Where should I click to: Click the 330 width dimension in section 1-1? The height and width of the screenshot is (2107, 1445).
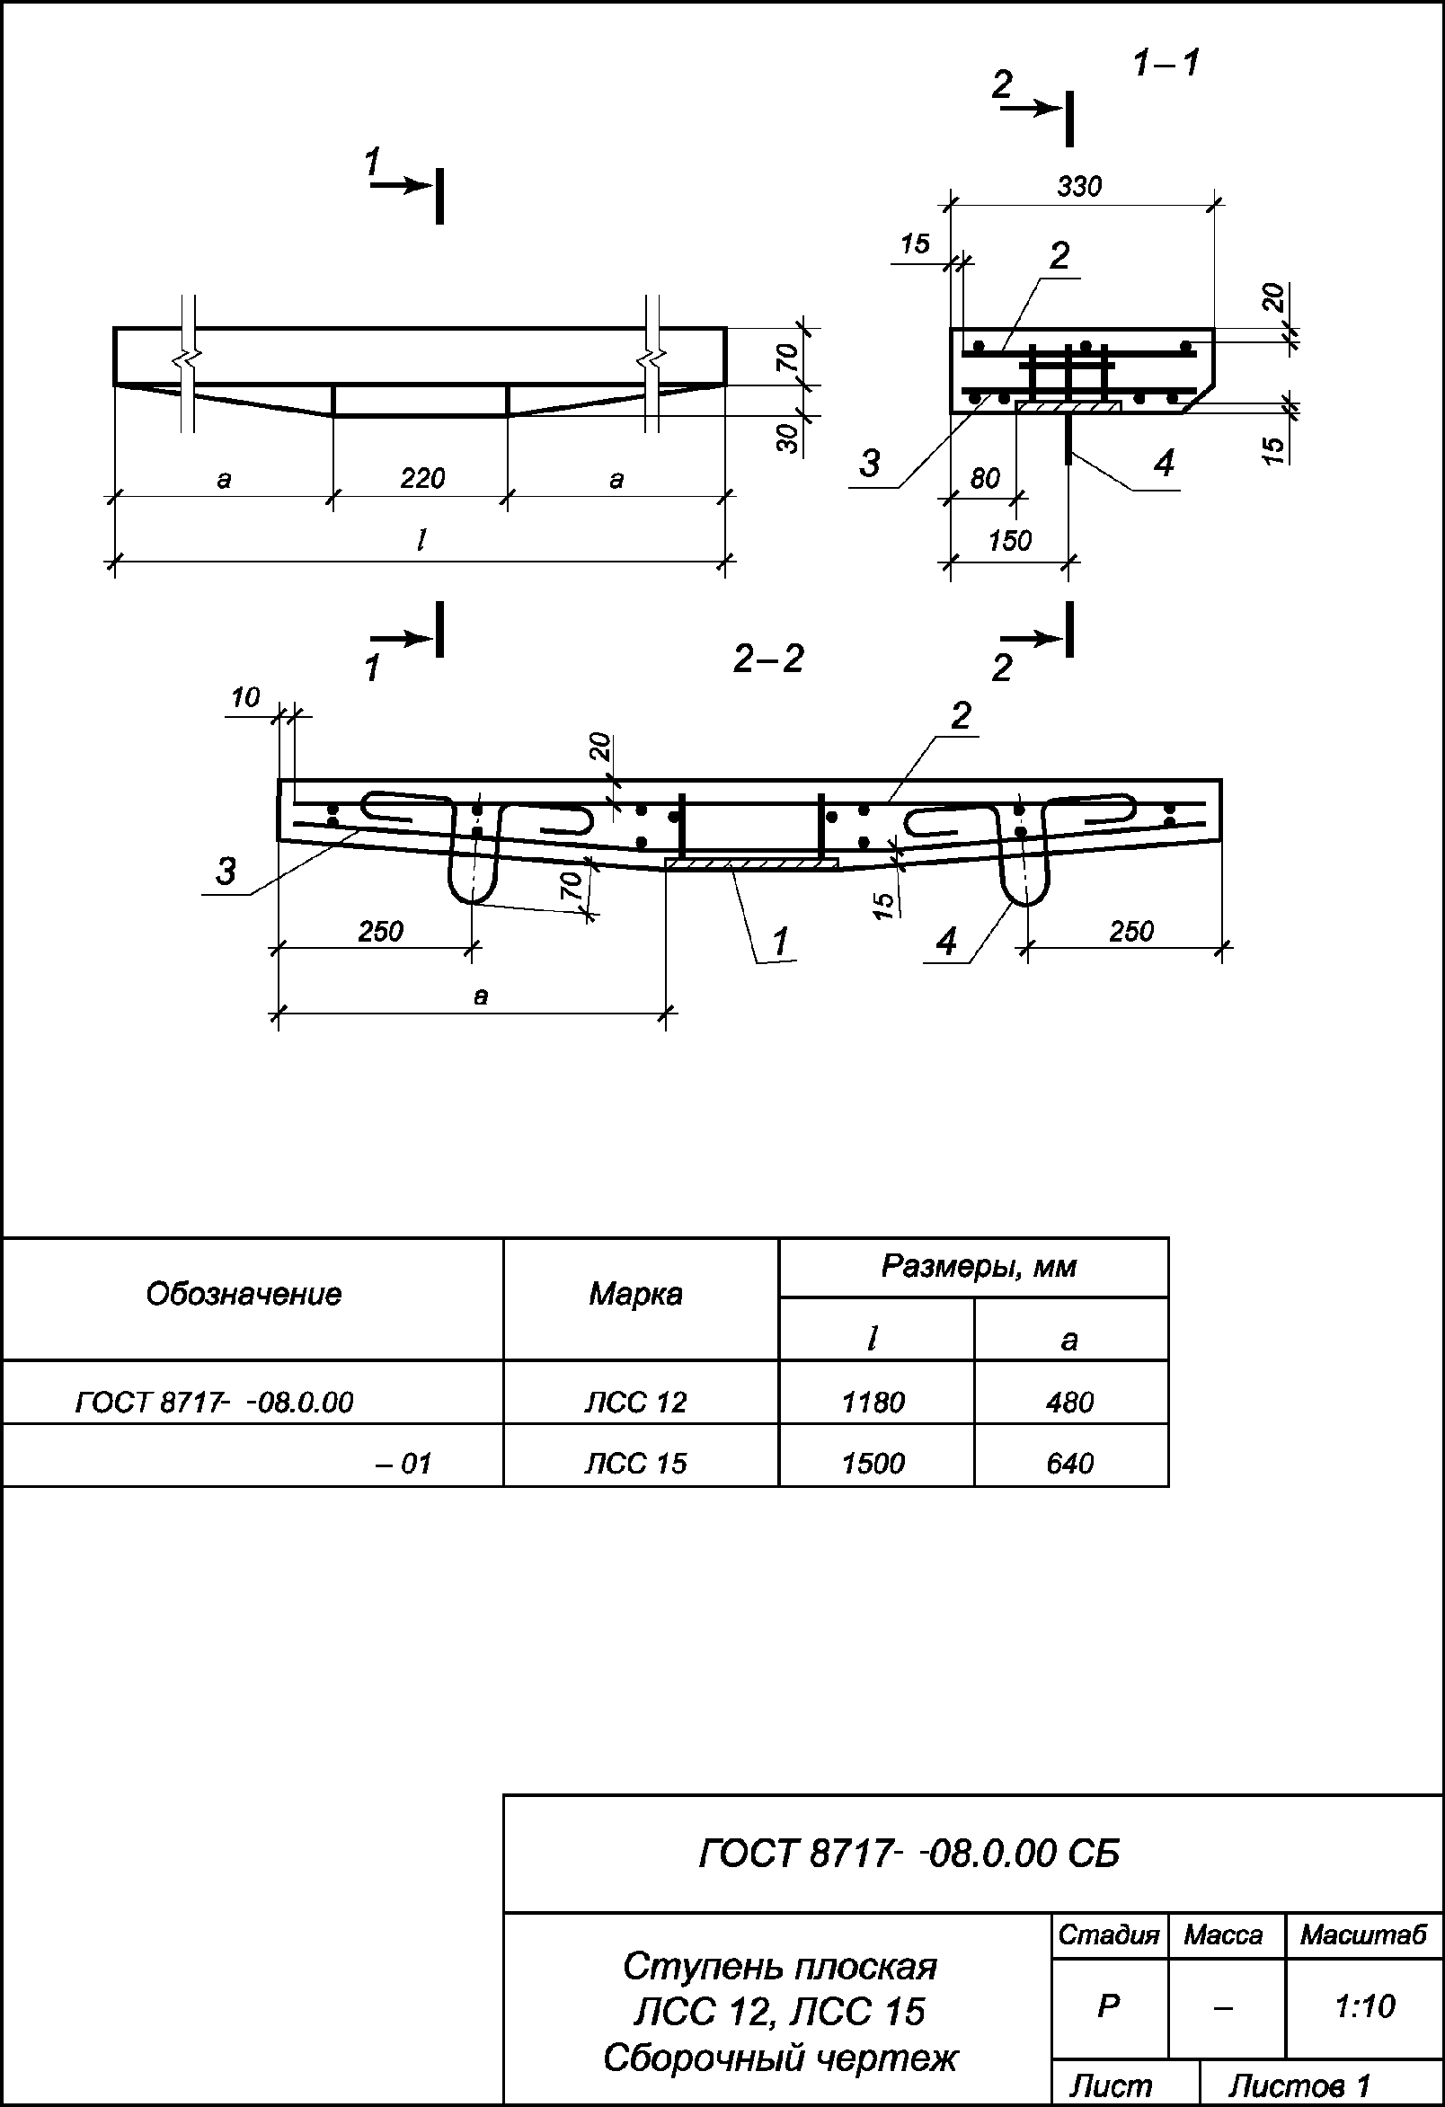pyautogui.click(x=1078, y=187)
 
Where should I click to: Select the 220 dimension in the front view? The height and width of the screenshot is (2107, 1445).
pyautogui.click(x=421, y=478)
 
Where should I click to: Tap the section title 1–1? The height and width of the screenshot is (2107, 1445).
pyautogui.click(x=1166, y=64)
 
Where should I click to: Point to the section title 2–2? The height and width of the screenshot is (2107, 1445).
pyautogui.click(x=767, y=660)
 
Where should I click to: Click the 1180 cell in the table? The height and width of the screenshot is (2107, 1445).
pyautogui.click(x=873, y=1403)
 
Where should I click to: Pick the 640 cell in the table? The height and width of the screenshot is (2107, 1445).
pyautogui.click(x=1069, y=1464)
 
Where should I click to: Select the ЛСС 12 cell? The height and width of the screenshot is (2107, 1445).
pyautogui.click(x=635, y=1403)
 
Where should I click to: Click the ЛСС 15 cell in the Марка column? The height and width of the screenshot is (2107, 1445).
pyautogui.click(x=635, y=1464)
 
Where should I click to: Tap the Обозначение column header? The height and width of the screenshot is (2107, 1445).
pyautogui.click(x=244, y=1294)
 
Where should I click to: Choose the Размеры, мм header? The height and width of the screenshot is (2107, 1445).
pyautogui.click(x=978, y=1267)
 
